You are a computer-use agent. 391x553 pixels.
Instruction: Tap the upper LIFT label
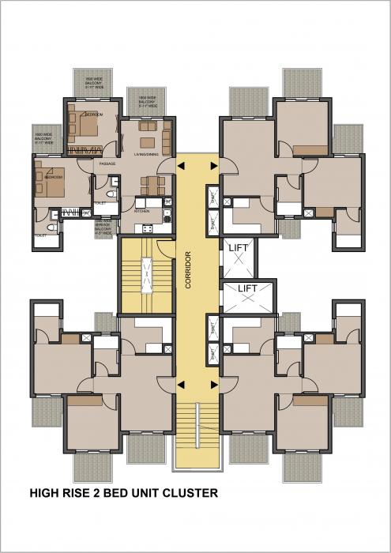click(239, 248)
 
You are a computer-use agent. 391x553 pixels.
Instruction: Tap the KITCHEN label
click(142, 212)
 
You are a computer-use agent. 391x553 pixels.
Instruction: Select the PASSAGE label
click(107, 164)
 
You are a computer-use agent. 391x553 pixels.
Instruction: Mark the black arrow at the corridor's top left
click(182, 166)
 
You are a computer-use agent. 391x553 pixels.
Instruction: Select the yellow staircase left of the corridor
click(147, 276)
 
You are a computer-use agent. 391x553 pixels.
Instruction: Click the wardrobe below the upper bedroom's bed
click(85, 149)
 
